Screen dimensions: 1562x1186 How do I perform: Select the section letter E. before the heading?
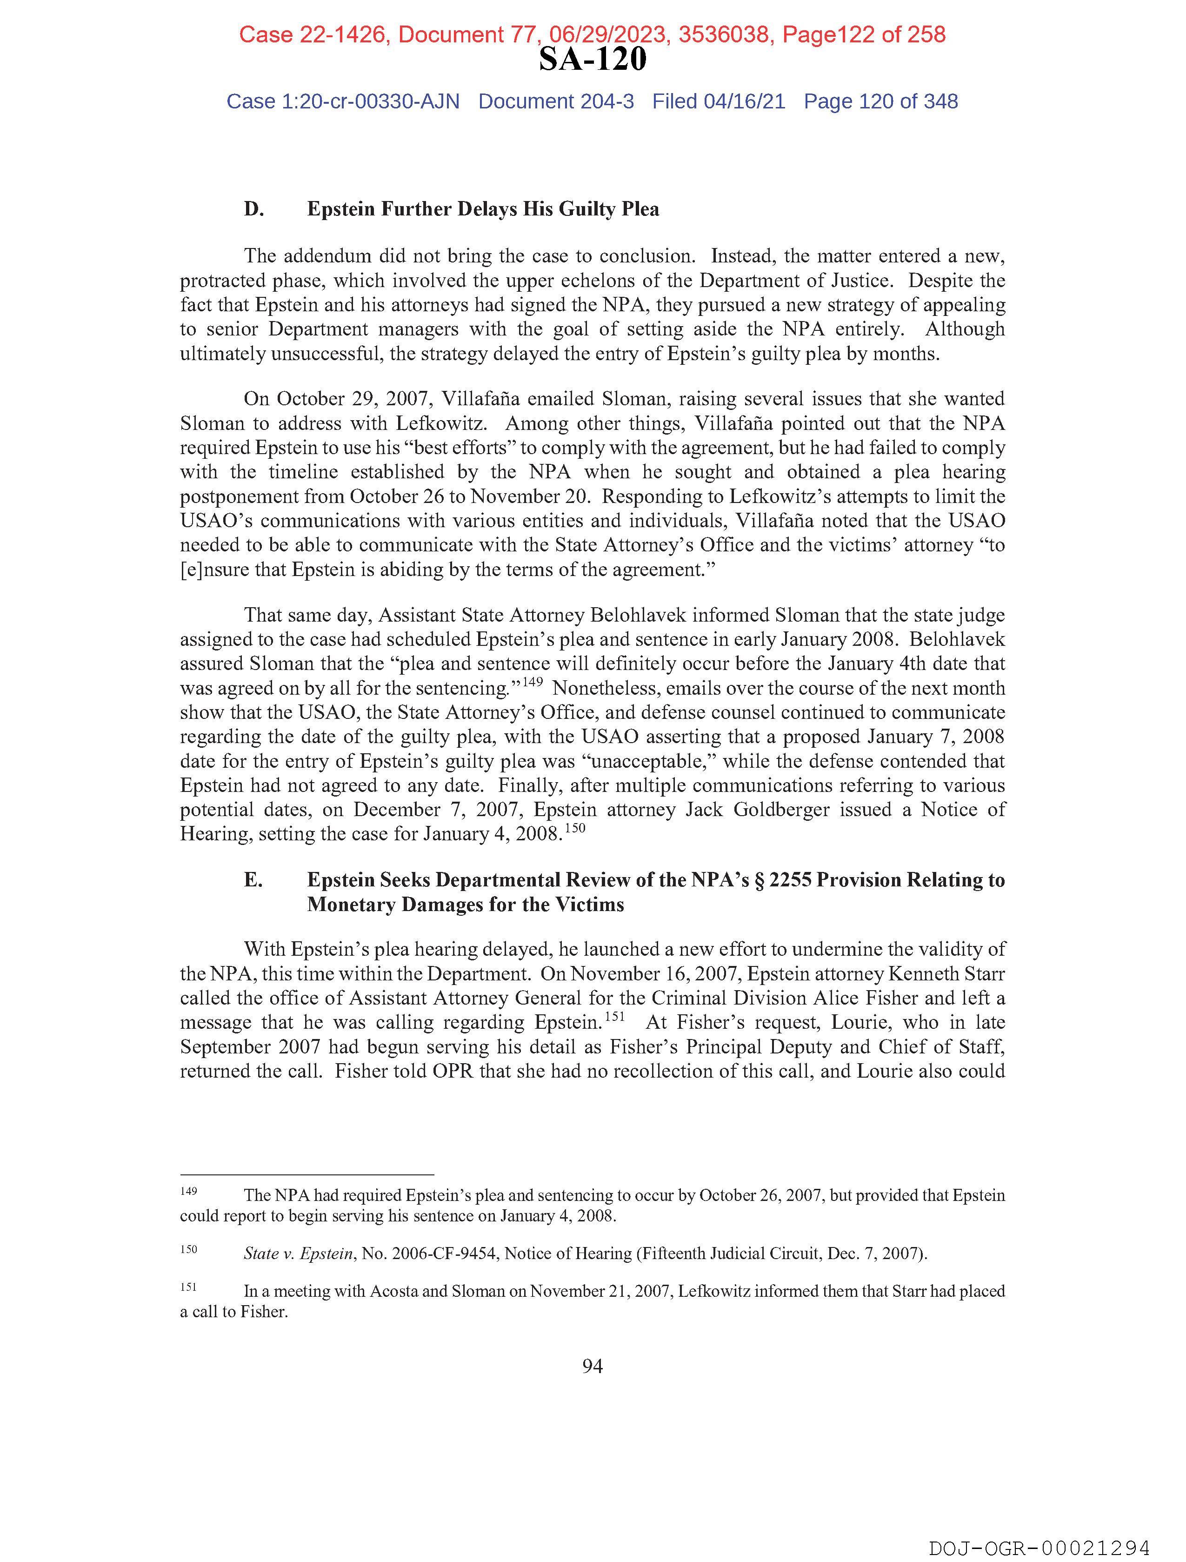[253, 880]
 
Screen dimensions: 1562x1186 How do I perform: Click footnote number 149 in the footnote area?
[188, 1191]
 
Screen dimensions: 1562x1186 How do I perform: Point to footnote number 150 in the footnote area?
[188, 1249]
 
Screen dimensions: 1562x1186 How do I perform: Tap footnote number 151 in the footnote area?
[188, 1287]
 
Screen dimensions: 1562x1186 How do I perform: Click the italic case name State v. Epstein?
[298, 1254]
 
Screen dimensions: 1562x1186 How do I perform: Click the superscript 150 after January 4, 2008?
[575, 828]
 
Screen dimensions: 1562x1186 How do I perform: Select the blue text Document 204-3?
[556, 102]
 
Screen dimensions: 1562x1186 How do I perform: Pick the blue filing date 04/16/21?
[744, 102]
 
